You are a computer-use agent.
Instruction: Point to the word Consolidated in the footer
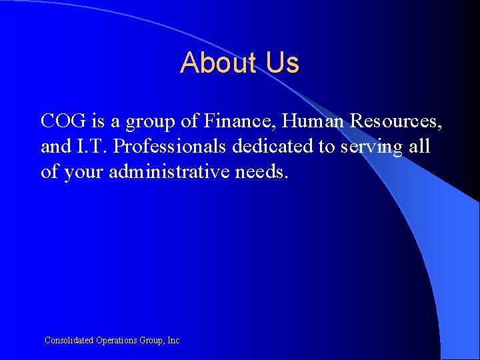(x=68, y=340)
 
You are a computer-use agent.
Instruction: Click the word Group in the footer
(x=152, y=341)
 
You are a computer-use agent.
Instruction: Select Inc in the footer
(x=173, y=340)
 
